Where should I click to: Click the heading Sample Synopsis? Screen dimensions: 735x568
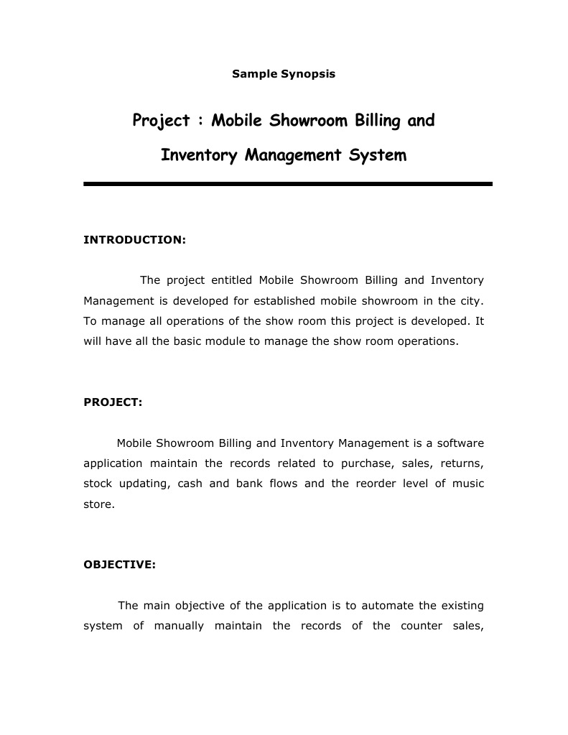point(284,73)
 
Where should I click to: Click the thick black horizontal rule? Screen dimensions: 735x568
point(287,184)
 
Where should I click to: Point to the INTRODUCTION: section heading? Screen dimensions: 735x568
point(134,239)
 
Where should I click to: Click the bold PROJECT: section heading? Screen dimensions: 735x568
point(113,402)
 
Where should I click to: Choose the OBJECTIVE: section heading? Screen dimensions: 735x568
point(119,565)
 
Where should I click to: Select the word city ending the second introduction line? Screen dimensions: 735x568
point(472,300)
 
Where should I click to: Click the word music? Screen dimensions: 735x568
point(468,484)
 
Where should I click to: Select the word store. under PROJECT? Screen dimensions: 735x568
point(98,504)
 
